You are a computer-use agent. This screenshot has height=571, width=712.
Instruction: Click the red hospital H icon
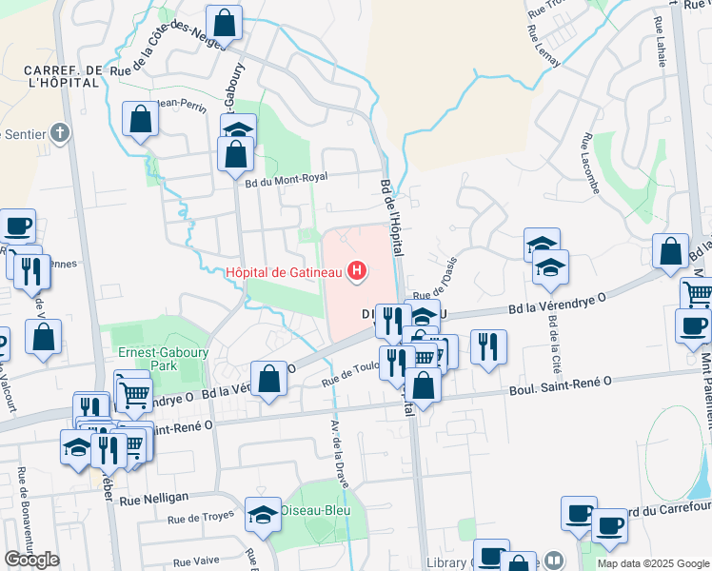click(x=357, y=273)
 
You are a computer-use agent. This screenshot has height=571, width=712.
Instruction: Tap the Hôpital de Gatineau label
click(x=287, y=274)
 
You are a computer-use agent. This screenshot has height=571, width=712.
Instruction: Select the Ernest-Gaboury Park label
click(x=150, y=358)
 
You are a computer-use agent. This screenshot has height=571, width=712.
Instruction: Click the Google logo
click(x=31, y=560)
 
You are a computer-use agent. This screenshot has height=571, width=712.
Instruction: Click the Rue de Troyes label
click(x=201, y=519)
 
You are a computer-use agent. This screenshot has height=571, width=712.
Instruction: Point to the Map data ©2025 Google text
click(x=654, y=563)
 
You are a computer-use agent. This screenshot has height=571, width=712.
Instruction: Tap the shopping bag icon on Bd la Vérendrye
click(x=269, y=379)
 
